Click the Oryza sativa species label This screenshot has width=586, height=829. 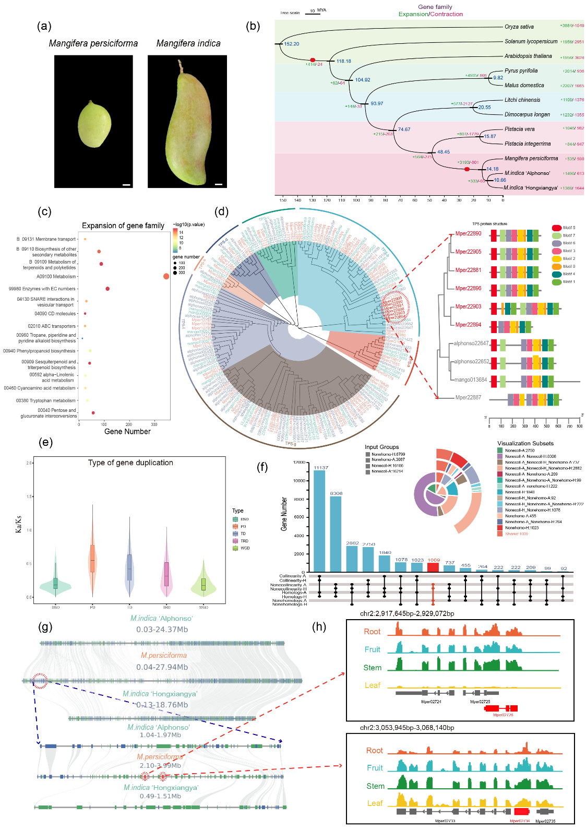pyautogui.click(x=519, y=27)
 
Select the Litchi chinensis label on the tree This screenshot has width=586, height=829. pyautogui.click(x=522, y=100)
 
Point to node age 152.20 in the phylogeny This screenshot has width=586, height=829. pyautogui.click(x=291, y=44)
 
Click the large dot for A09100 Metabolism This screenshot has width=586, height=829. pyautogui.click(x=166, y=276)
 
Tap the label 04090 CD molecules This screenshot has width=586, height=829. pyautogui.click(x=55, y=314)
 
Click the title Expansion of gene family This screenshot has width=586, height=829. pyautogui.click(x=123, y=226)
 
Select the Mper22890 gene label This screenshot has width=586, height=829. pyautogui.click(x=468, y=233)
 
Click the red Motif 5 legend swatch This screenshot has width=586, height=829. pyautogui.click(x=556, y=228)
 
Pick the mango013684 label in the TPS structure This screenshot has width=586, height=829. pyautogui.click(x=470, y=380)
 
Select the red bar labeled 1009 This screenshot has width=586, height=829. pyautogui.click(x=433, y=567)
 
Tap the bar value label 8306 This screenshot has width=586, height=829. pyautogui.click(x=336, y=493)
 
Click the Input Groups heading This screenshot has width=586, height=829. pyautogui.click(x=381, y=447)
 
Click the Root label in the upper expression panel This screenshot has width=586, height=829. pyautogui.click(x=372, y=632)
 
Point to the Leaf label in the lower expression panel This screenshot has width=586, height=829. pyautogui.click(x=375, y=803)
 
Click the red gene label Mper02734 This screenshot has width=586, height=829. pyautogui.click(x=520, y=821)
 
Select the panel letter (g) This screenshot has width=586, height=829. pyautogui.click(x=45, y=627)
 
